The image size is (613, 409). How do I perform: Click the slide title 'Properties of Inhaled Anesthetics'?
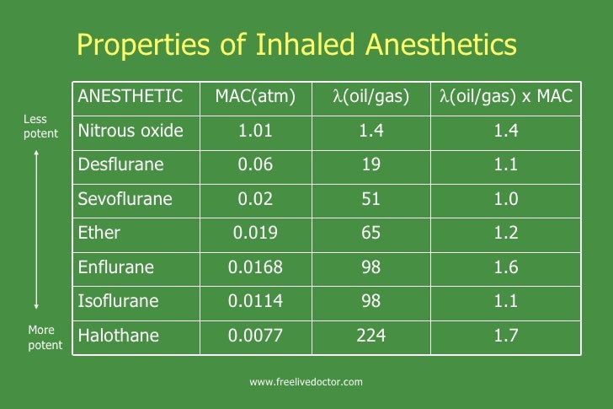[x=296, y=44]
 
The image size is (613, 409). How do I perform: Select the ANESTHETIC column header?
[x=130, y=96]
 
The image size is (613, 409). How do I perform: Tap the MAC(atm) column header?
[x=255, y=96]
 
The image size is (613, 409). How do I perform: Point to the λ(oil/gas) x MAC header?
[x=505, y=96]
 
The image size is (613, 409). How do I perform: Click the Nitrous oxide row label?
[x=131, y=131]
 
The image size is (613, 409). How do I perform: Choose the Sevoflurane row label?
[x=125, y=199]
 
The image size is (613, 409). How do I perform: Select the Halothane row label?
[x=118, y=336]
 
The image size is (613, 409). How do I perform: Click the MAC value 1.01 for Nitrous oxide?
[x=255, y=131]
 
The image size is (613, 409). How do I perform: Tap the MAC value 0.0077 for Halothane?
[x=255, y=336]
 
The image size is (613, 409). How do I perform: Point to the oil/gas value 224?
[x=371, y=336]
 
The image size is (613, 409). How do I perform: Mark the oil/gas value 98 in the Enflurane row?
[x=371, y=267]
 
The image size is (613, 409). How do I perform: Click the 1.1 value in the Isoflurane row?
[x=506, y=301]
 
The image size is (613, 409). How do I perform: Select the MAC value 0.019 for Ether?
[x=255, y=233]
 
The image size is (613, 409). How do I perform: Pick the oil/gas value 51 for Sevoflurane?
[x=371, y=199]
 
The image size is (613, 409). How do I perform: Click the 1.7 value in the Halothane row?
[x=506, y=336]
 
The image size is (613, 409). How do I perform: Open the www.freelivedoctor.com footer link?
[x=306, y=382]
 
